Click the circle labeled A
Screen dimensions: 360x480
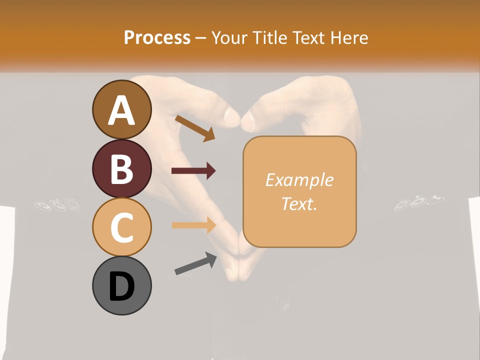pos(121,110)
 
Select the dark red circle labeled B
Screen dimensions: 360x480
pos(121,168)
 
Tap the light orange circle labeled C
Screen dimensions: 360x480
pos(121,227)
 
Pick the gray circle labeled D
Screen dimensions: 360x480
pos(121,285)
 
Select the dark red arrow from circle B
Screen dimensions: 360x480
pos(193,171)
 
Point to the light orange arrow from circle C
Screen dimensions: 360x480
pos(194,225)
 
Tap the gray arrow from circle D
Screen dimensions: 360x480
pos(195,263)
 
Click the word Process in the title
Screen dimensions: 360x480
pos(157,37)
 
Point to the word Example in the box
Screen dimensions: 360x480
pos(299,180)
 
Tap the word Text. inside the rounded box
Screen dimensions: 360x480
pos(299,204)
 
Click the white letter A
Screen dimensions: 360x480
pos(121,110)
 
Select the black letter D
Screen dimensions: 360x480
pos(121,286)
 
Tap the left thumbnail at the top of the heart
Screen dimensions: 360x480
pos(232,117)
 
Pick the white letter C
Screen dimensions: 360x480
pos(121,228)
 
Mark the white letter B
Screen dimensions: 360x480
pos(121,169)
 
